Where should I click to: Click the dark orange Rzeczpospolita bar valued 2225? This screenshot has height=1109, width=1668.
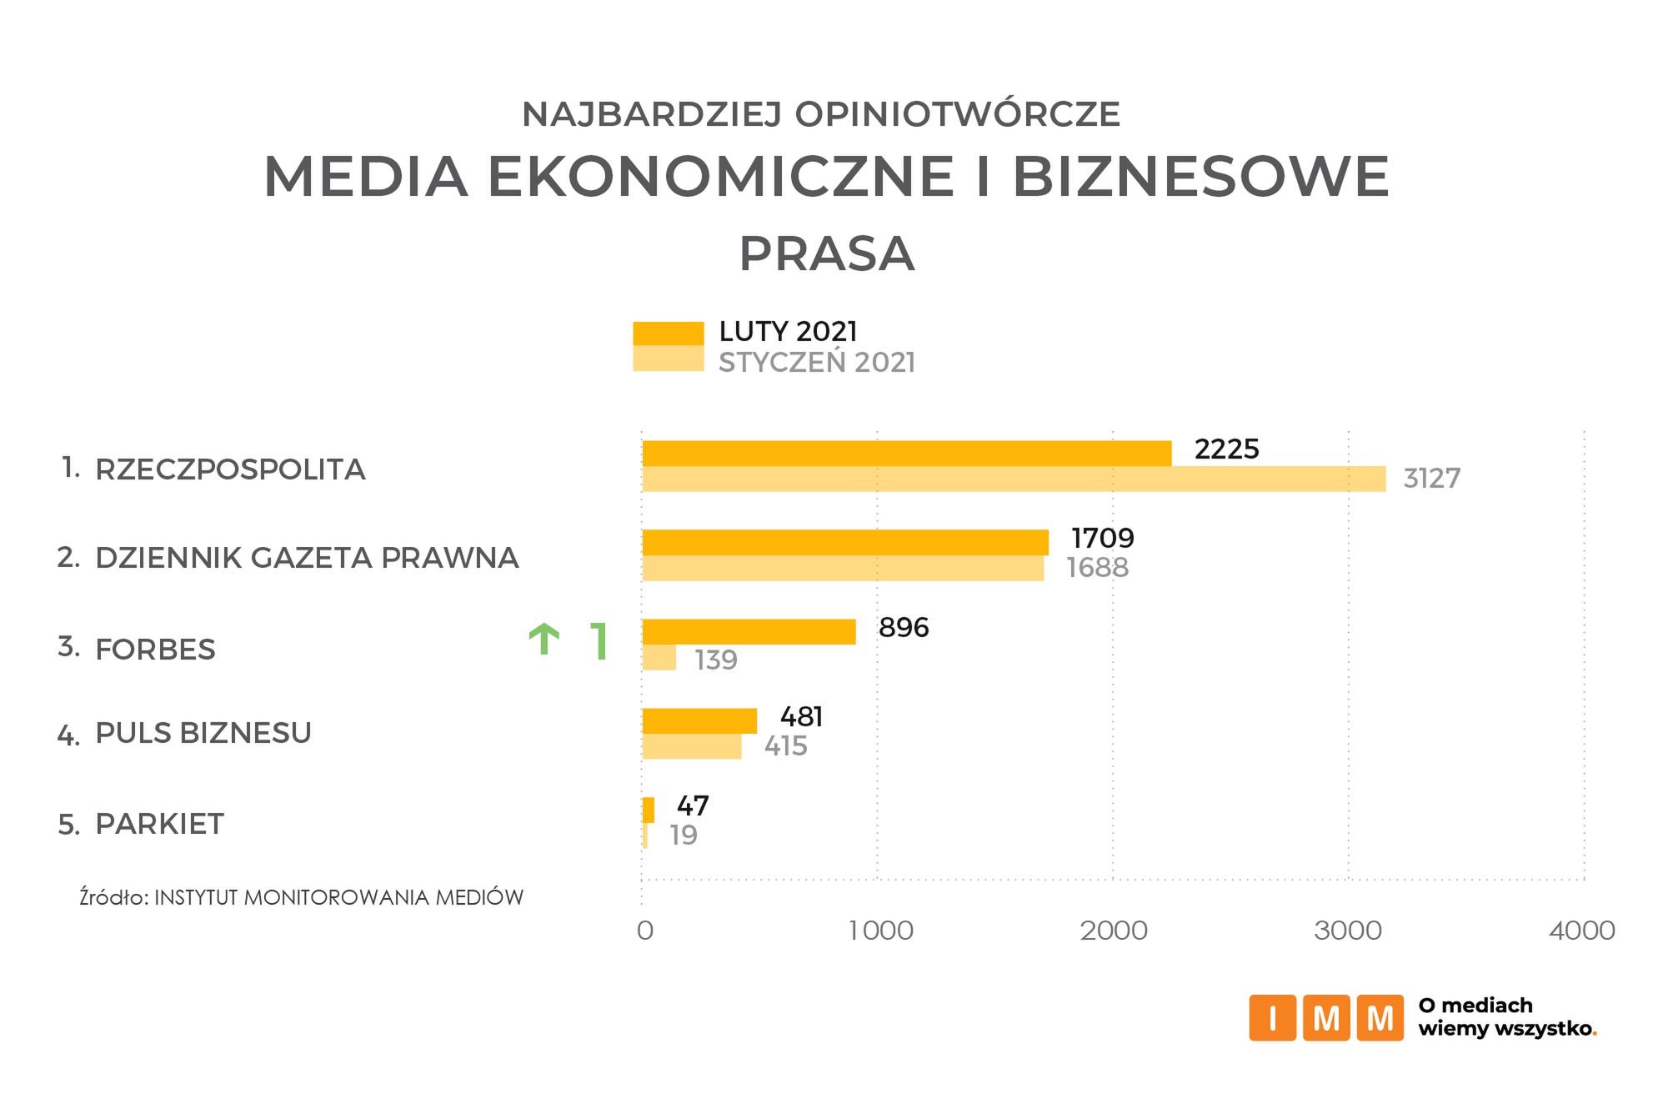906,454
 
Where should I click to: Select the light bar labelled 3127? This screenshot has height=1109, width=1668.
1013,479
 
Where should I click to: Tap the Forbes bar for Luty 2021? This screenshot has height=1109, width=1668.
749,632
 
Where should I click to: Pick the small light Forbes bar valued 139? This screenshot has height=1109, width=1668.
659,658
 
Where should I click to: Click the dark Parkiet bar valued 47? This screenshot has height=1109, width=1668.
648,810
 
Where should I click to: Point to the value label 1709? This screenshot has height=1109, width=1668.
1102,538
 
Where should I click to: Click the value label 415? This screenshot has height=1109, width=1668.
785,745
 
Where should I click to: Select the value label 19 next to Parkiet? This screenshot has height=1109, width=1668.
684,835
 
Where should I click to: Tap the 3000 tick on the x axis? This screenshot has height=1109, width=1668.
1347,931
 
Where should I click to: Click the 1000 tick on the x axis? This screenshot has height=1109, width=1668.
880,931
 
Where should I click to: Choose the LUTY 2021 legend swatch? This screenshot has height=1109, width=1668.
668,333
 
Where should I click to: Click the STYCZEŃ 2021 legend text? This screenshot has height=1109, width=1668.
816,363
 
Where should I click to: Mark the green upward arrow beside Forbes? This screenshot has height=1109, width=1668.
543,640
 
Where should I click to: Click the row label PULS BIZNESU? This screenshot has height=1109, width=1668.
203,733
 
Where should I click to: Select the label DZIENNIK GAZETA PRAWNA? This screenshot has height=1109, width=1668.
307,558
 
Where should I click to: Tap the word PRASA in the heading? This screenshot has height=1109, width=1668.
826,254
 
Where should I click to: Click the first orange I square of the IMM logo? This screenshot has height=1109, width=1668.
1271,1018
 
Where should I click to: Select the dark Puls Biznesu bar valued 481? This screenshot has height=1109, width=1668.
699,720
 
